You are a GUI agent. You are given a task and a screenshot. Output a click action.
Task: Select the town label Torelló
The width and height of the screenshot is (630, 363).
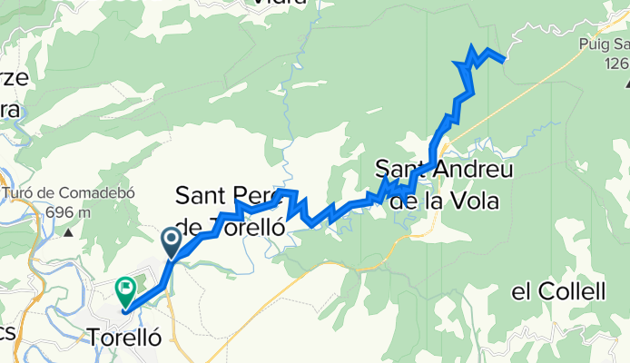click(125, 336)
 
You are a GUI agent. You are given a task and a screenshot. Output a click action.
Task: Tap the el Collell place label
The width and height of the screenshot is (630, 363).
click(557, 291)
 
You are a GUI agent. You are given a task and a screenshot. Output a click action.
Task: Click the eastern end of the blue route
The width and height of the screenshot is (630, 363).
click(503, 60)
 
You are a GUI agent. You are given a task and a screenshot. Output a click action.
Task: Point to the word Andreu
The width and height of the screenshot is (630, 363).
click(474, 170)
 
